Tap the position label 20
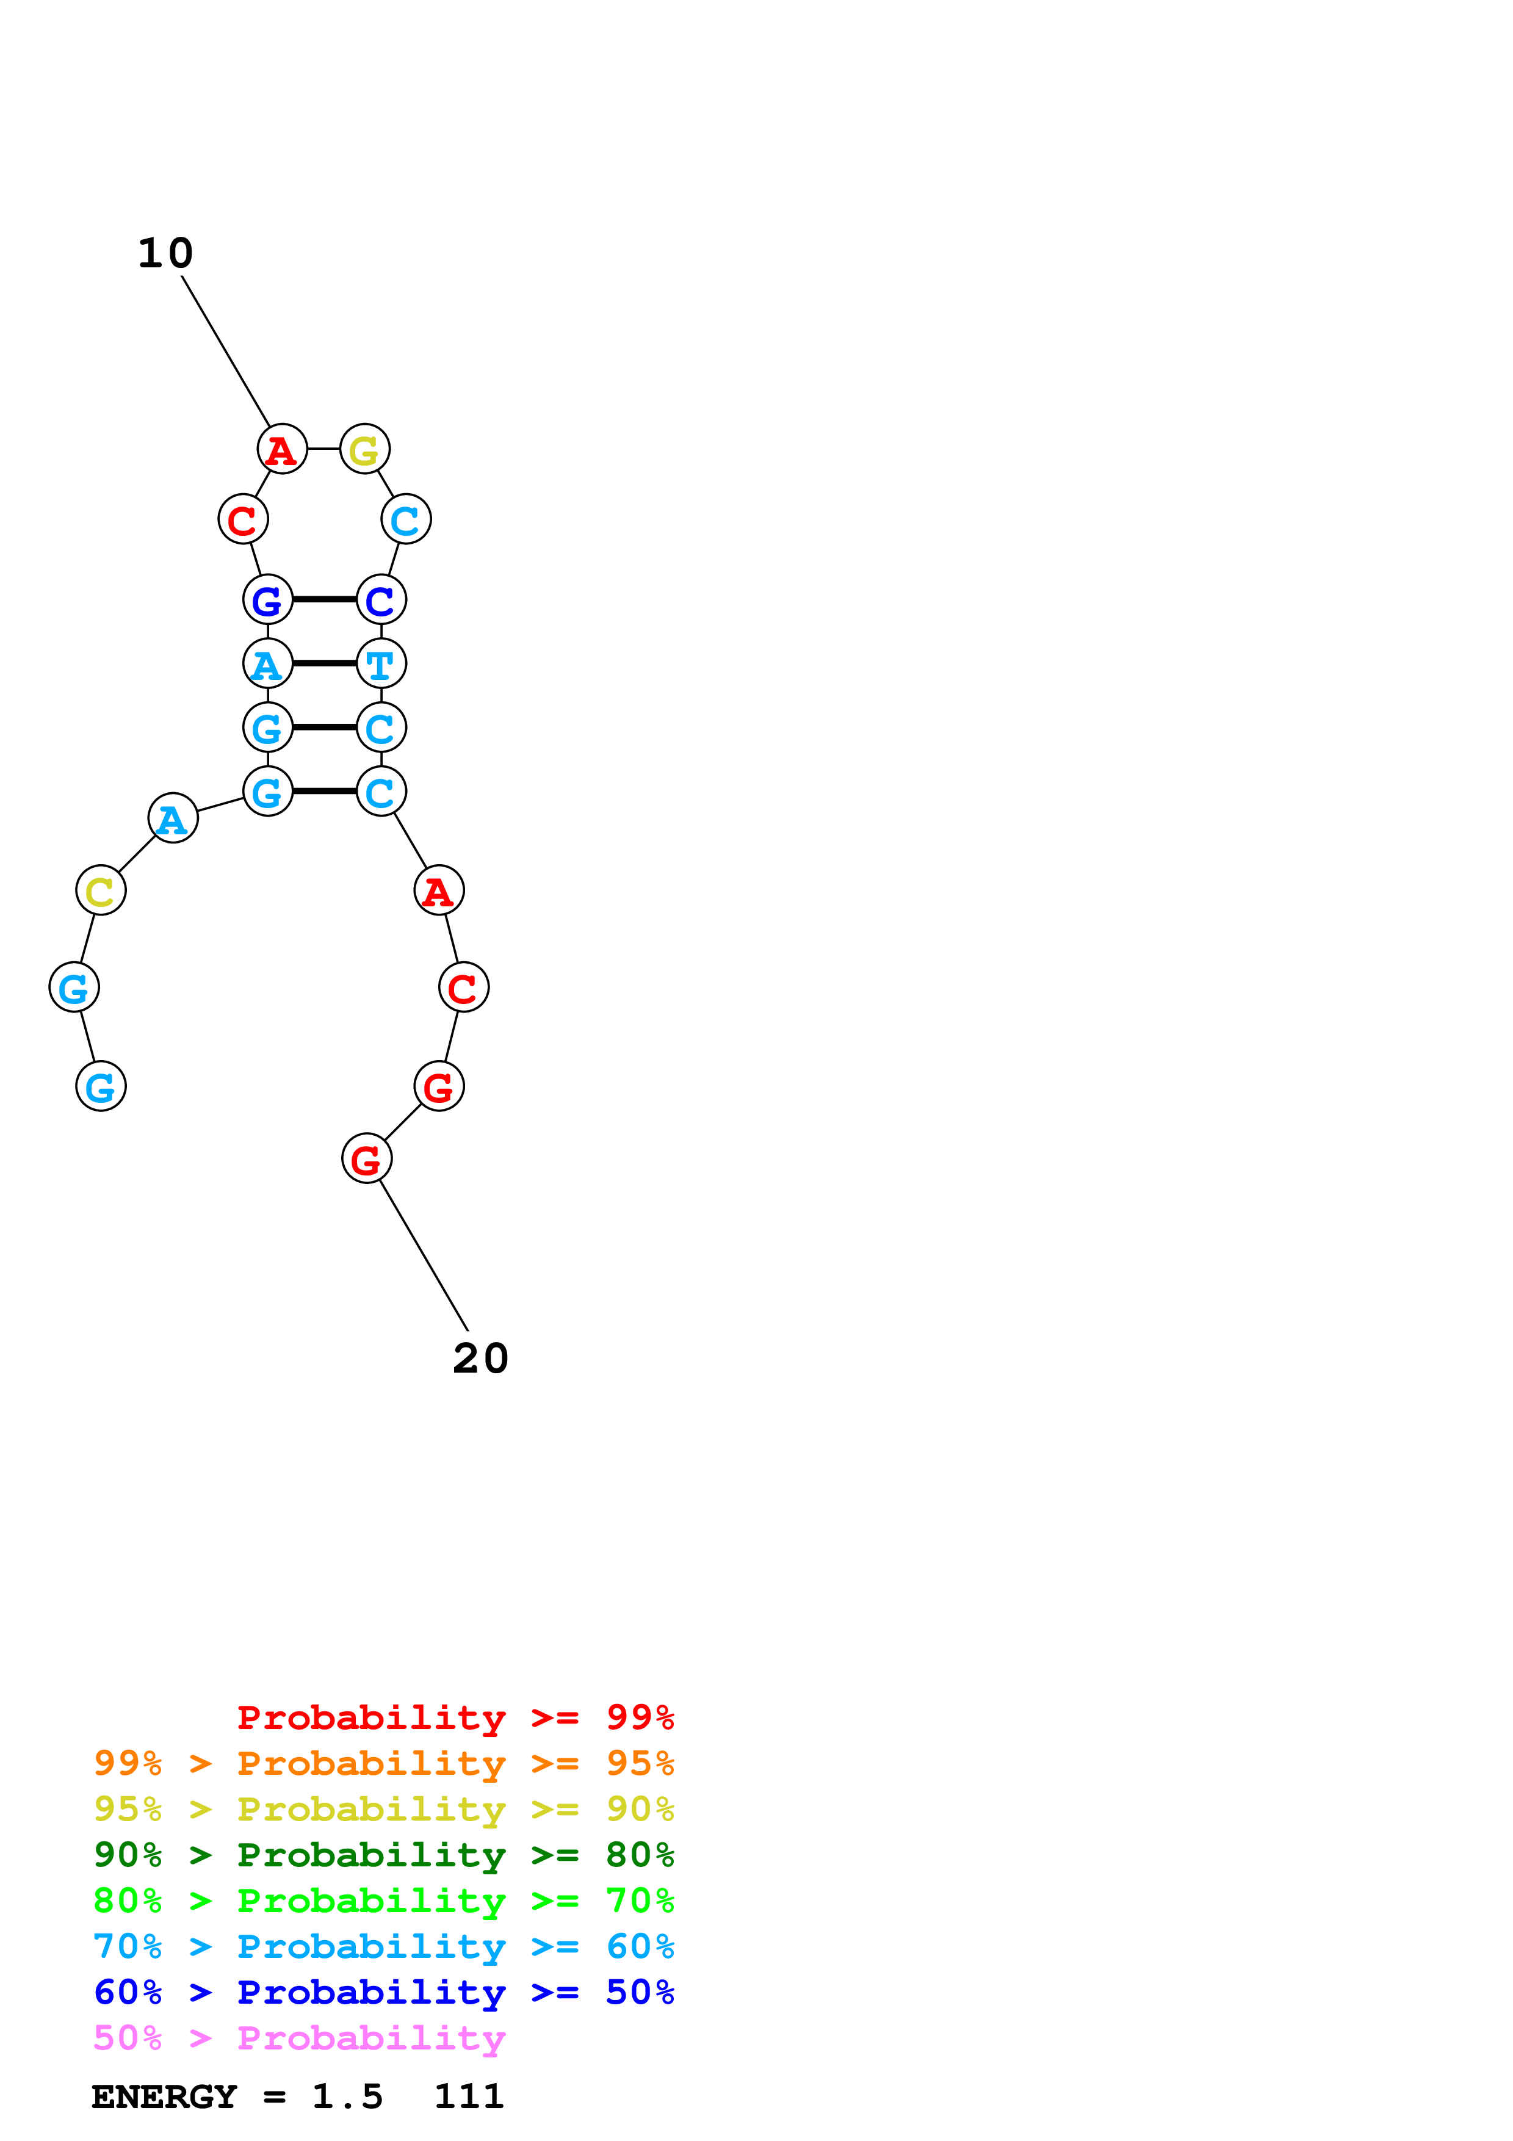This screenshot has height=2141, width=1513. pyautogui.click(x=481, y=1359)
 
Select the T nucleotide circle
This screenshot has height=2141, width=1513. pyautogui.click(x=381, y=664)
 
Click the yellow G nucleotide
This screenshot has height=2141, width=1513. pyautogui.click(x=364, y=449)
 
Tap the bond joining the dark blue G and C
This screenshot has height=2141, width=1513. pyautogui.click(x=325, y=599)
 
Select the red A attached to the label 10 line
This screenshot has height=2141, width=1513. pyautogui.click(x=281, y=449)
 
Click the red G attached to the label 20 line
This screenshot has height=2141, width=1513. pyautogui.click(x=366, y=1159)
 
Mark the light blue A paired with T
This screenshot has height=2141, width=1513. pyautogui.click(x=267, y=664)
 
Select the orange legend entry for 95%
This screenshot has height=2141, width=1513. pyautogui.click(x=384, y=1763)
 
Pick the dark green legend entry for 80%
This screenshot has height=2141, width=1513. pyautogui.click(x=384, y=1855)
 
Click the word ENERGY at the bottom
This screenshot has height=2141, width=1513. pyautogui.click(x=164, y=2097)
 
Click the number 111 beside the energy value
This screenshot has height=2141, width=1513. pyautogui.click(x=469, y=2097)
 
